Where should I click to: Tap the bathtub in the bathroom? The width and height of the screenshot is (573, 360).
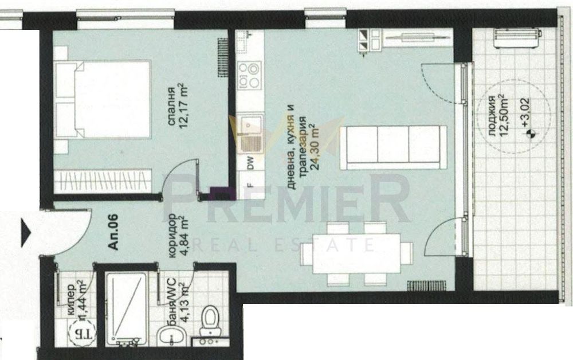click(127, 307)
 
